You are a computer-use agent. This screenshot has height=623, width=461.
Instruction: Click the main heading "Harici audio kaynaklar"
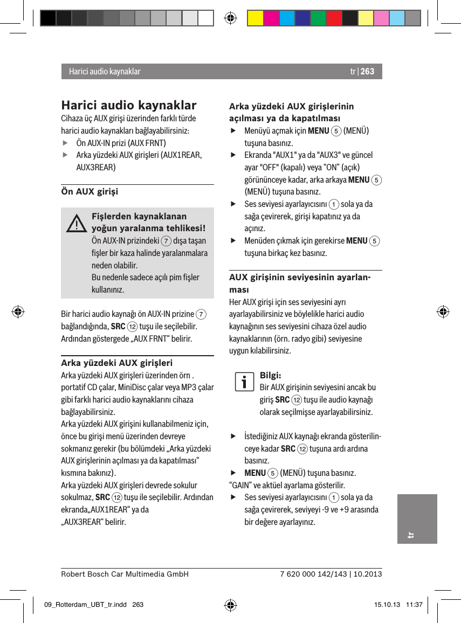click(x=129, y=105)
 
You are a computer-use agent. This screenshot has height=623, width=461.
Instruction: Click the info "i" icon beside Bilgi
click(x=244, y=381)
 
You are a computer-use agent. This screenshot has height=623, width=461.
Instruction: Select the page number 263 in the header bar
click(x=367, y=72)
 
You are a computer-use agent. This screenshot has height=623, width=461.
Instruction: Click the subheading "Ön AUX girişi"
click(x=90, y=191)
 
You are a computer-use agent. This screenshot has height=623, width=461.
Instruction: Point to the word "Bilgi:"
click(x=270, y=375)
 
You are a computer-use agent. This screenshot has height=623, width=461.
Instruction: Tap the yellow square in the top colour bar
click(x=255, y=18)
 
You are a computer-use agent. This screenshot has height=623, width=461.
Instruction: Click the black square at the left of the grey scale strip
click(x=48, y=18)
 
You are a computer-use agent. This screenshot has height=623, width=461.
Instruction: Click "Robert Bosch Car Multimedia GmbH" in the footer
click(x=125, y=574)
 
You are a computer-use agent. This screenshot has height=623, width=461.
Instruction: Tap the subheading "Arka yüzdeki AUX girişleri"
click(x=116, y=362)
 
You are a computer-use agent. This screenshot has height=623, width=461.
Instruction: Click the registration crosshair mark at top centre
click(x=230, y=18)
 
